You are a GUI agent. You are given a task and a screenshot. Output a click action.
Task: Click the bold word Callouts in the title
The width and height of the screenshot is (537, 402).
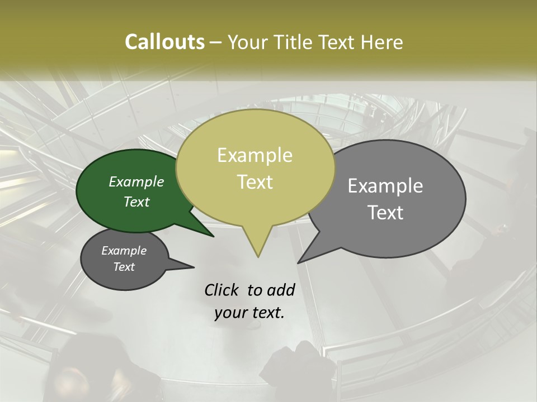point(164,42)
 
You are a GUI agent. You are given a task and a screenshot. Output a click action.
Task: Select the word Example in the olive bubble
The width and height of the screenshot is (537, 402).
point(255,155)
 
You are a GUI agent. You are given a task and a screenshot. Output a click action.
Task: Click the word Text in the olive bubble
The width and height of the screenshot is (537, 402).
point(255,182)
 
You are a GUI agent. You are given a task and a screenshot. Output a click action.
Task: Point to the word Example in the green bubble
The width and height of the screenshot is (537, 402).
point(136,182)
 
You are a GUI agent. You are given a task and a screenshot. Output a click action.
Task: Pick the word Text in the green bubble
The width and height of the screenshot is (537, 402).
point(136,202)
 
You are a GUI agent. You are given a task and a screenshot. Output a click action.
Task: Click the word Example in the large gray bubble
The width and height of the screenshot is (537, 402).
point(385,186)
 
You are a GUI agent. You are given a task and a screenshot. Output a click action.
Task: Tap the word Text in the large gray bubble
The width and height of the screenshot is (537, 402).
point(385,213)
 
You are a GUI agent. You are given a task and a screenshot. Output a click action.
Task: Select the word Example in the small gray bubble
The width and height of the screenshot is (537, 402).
point(124,251)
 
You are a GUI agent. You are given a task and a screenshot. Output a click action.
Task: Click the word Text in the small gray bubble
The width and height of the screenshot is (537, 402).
point(124,267)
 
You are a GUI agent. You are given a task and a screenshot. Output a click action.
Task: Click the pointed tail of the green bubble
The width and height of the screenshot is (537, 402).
point(213,236)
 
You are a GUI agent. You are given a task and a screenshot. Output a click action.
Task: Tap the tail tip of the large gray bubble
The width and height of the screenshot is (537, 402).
point(298,262)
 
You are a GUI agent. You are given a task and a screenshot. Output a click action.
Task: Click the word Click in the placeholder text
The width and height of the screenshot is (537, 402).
point(222,290)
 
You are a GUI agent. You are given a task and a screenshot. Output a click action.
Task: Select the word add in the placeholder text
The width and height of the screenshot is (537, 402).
point(280,290)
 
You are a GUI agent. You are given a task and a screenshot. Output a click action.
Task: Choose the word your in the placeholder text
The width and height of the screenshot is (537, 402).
point(230,313)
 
